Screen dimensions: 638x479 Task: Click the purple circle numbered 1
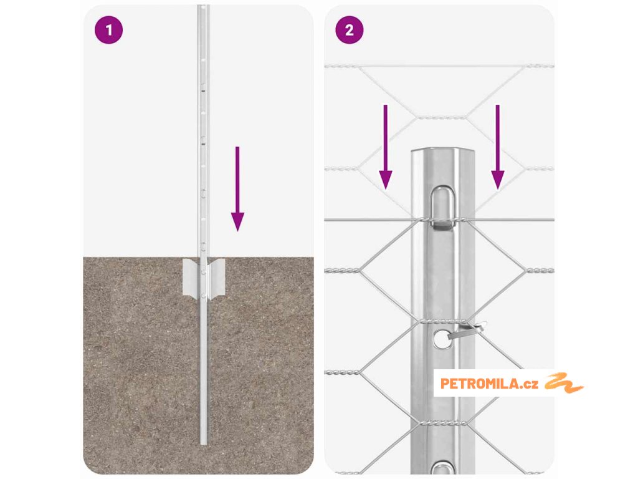[x=108, y=30]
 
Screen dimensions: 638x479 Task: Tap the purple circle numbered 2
[x=349, y=30]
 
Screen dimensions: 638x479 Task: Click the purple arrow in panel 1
[x=237, y=188]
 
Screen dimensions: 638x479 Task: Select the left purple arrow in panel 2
[x=385, y=147]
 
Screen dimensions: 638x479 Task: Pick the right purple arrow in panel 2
[x=497, y=147]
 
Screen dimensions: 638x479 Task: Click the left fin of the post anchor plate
[x=192, y=278]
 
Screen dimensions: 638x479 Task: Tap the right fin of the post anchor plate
[x=216, y=278]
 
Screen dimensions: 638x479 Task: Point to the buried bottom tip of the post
[x=204, y=443]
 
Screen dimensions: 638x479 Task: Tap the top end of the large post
[x=443, y=151]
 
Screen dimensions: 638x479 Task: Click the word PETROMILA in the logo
[x=480, y=384]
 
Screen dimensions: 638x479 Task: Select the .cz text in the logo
[x=529, y=384]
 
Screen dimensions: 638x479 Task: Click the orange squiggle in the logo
[x=564, y=383]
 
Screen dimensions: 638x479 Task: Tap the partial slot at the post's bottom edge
[x=443, y=468]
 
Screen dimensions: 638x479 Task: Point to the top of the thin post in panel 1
[x=203, y=6]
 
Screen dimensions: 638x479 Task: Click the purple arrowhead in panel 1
[x=237, y=221]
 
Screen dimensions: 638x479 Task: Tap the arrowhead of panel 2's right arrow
[x=497, y=180]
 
